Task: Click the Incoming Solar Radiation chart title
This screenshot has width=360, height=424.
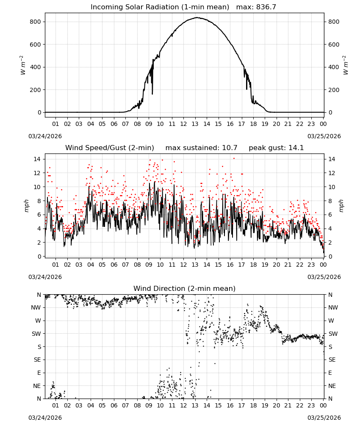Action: pos(160,7)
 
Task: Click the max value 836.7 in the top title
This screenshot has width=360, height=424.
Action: pos(266,7)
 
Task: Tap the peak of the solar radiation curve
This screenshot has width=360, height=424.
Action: pos(197,17)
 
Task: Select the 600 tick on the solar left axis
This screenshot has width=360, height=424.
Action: pos(35,45)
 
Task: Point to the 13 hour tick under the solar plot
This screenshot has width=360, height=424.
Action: pos(195,124)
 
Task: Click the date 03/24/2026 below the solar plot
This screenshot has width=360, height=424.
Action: pos(45,136)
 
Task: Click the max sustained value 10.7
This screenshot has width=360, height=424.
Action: pos(230,148)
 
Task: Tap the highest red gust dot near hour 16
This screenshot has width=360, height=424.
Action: pos(234,159)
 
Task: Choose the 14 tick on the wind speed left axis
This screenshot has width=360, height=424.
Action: pos(37,159)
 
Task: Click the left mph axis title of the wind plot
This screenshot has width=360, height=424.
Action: pos(26,206)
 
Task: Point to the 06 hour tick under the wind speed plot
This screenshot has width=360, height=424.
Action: pos(114,265)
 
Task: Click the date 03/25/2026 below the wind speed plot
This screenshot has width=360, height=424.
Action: pos(324,277)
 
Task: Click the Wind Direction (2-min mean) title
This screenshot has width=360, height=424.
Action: pos(185,288)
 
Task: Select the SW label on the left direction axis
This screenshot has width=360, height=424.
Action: pos(36,334)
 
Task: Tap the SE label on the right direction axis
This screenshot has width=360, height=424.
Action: pos(332,360)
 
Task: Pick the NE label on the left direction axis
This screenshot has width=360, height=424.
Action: pos(37,386)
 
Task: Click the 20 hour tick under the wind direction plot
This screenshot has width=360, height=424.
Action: pos(276,405)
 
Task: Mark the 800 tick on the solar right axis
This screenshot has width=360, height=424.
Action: pos(334,22)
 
